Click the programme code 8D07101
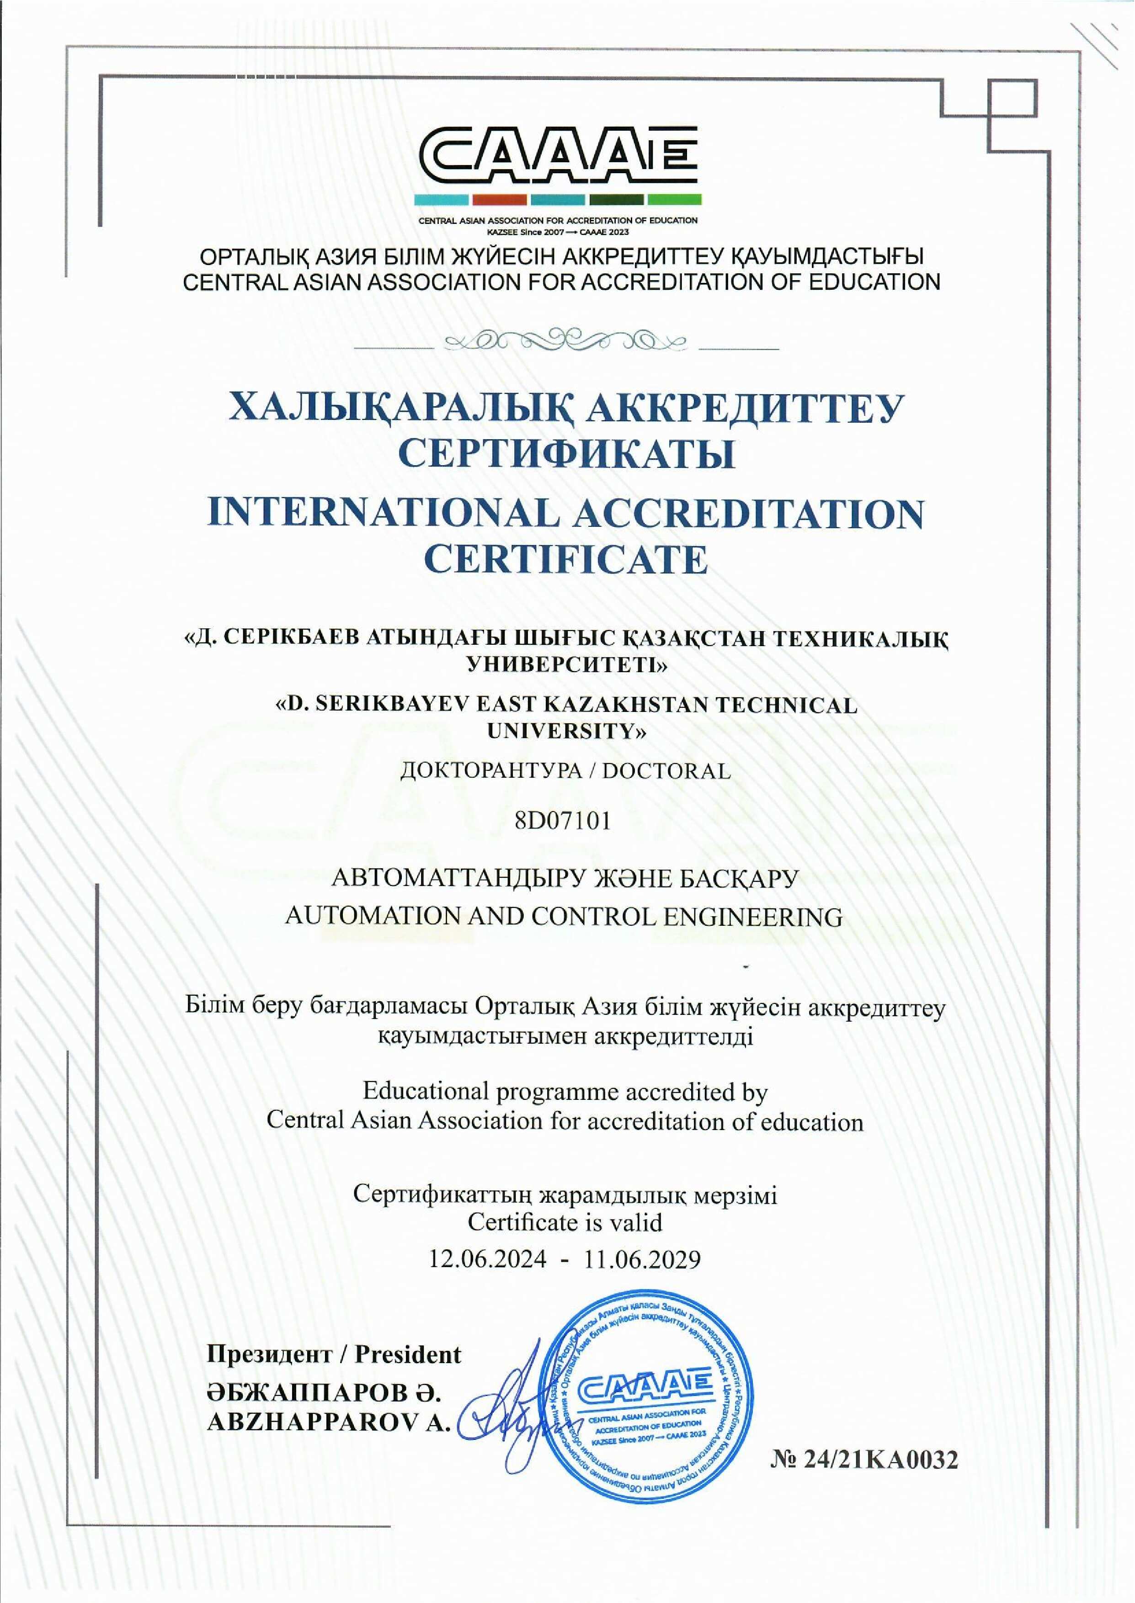coord(563,820)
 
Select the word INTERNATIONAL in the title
coord(384,515)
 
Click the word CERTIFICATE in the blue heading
coord(567,560)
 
